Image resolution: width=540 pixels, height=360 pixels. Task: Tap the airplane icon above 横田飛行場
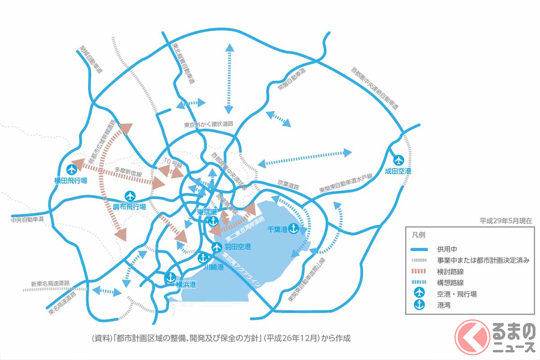(72, 170)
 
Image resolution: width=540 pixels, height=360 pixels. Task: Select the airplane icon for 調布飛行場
(130, 196)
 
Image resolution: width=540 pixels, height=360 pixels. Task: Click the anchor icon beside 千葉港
(293, 229)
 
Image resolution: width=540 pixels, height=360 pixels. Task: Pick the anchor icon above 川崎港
(202, 258)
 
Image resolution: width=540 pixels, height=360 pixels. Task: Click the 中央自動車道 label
(29, 220)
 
